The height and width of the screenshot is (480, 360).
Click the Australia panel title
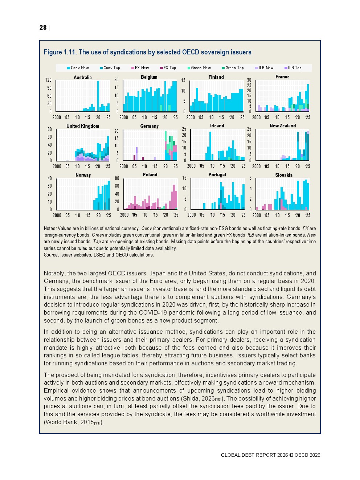(83, 77)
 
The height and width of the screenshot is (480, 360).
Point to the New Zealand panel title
(283, 126)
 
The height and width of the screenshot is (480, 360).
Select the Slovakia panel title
(284, 175)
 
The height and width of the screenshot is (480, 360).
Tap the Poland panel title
(150, 175)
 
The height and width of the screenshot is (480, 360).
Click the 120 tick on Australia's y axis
(48, 80)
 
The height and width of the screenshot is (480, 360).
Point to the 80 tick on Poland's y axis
(117, 179)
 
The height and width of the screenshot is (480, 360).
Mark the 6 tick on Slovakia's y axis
(250, 179)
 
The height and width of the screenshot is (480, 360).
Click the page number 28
(43, 28)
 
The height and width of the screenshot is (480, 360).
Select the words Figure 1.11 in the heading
(60, 52)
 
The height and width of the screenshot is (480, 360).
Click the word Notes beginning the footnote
(50, 229)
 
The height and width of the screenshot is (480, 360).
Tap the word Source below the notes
(51, 255)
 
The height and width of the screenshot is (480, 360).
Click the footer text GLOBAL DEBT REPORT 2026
(254, 455)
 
